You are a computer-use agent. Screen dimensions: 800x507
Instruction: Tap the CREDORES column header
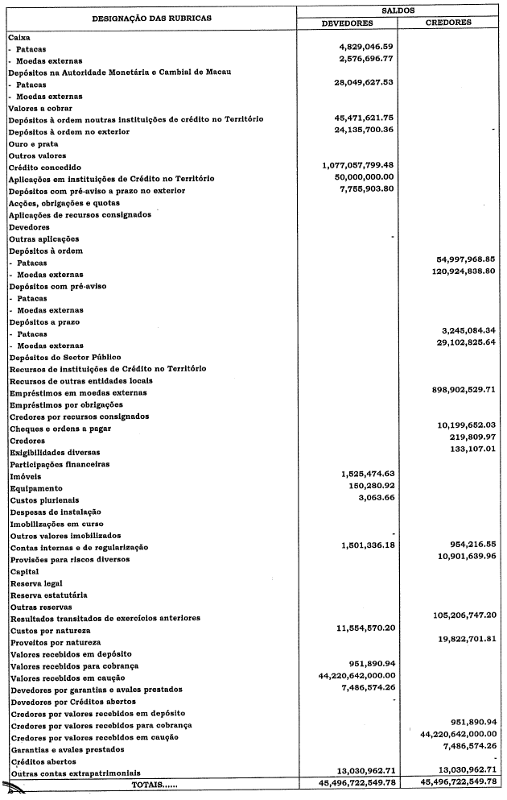click(447, 23)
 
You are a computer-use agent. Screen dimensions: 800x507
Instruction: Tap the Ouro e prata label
click(34, 143)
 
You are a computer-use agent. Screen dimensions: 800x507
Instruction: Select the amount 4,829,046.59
click(365, 48)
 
